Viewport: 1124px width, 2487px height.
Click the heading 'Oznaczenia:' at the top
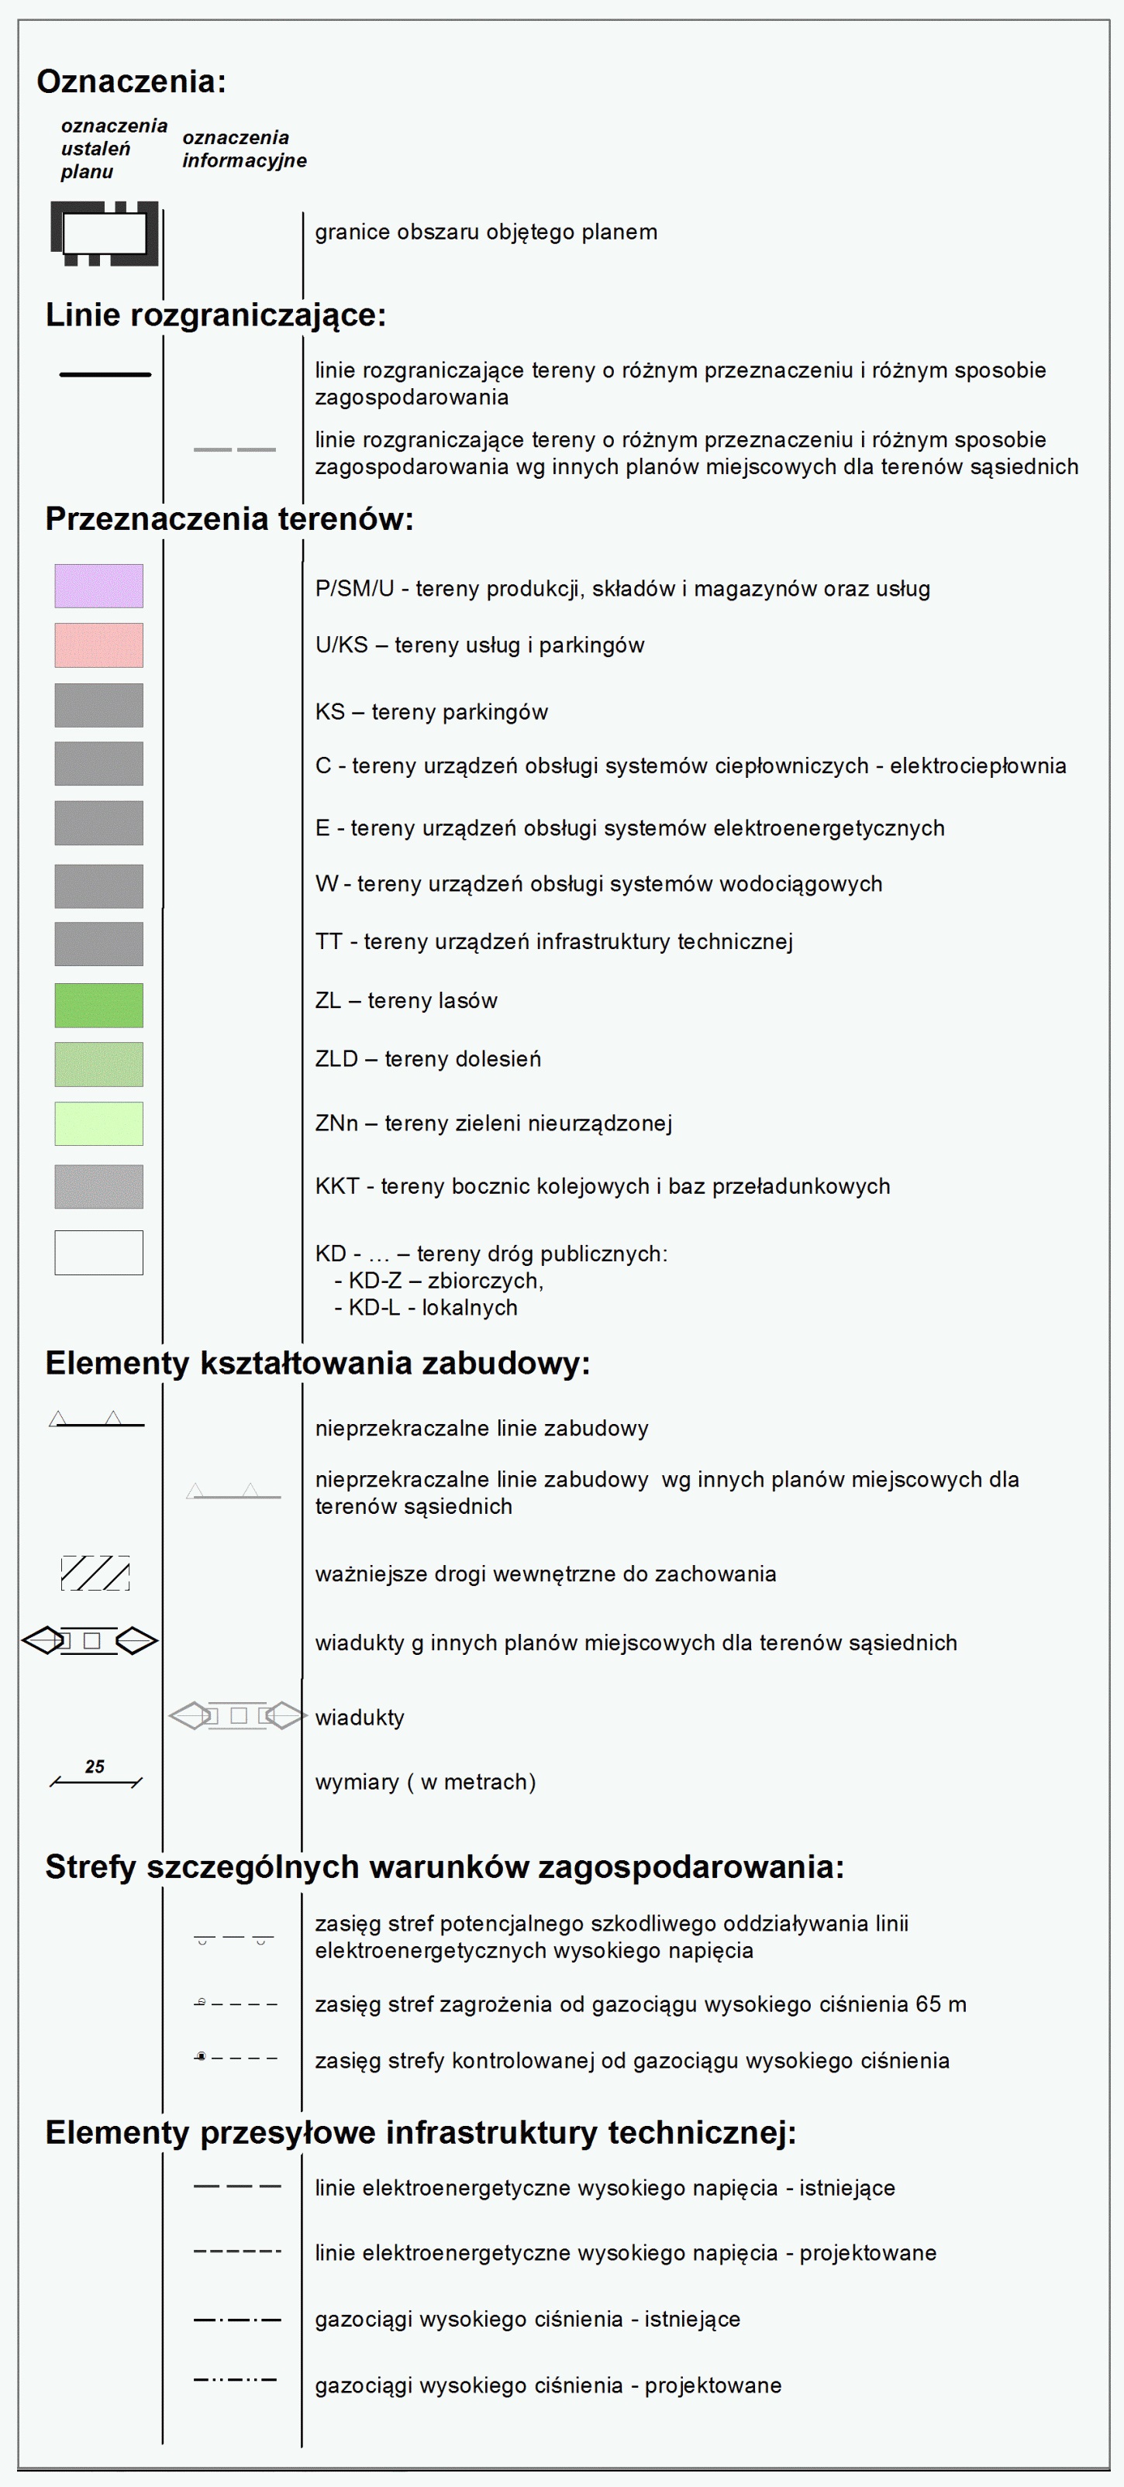pyautogui.click(x=131, y=82)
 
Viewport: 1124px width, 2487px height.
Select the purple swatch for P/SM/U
pyautogui.click(x=98, y=586)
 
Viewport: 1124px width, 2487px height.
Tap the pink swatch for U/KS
pyautogui.click(x=98, y=645)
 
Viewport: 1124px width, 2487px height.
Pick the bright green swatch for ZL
pyautogui.click(x=98, y=1005)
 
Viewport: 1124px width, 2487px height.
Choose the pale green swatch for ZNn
pyautogui.click(x=98, y=1123)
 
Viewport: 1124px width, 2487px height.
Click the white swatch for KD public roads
pyautogui.click(x=98, y=1252)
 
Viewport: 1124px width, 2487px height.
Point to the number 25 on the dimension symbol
pyautogui.click(x=95, y=1766)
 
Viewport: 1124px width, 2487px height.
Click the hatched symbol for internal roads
pyautogui.click(x=95, y=1573)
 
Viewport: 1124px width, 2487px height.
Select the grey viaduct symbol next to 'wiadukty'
pyautogui.click(x=237, y=1715)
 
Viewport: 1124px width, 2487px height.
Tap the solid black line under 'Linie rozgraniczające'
pyautogui.click(x=105, y=374)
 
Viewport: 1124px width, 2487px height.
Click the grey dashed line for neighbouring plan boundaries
pyautogui.click(x=235, y=449)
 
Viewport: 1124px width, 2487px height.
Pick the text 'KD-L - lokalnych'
pyautogui.click(x=426, y=1308)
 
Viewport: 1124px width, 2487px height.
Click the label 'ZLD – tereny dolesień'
pyautogui.click(x=428, y=1059)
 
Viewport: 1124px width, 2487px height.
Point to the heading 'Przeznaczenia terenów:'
pyautogui.click(x=229, y=519)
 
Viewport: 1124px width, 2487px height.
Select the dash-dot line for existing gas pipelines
pyautogui.click(x=236, y=2319)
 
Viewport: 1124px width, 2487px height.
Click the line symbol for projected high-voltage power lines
pyautogui.click(x=236, y=2251)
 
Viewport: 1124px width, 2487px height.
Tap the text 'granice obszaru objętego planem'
pyautogui.click(x=486, y=232)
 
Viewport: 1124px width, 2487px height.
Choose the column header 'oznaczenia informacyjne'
pyautogui.click(x=244, y=149)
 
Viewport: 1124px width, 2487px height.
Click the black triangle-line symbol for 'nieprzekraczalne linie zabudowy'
pyautogui.click(x=97, y=1421)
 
